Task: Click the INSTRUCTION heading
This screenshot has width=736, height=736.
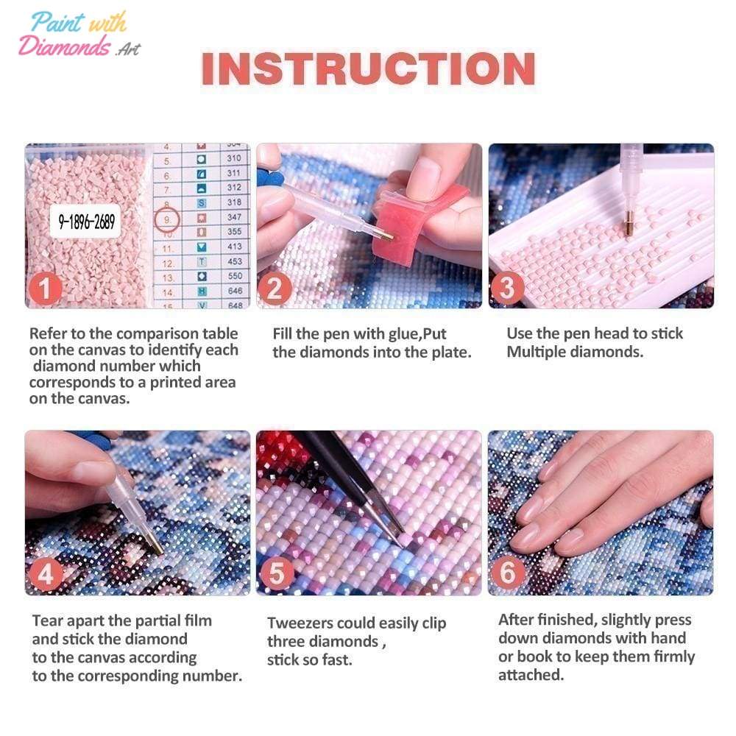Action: point(369,68)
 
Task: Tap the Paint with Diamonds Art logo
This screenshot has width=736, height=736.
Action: point(79,35)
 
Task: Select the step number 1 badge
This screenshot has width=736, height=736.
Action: point(45,288)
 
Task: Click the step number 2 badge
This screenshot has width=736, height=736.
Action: point(275,288)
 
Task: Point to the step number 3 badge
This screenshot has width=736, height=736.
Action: point(507,288)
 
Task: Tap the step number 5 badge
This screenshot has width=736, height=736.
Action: point(277,573)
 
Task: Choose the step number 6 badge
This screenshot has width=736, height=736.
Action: point(507,573)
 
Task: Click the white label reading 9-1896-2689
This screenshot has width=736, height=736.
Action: point(86,221)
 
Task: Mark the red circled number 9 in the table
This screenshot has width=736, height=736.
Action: point(167,219)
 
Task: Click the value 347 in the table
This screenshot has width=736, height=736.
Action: point(234,217)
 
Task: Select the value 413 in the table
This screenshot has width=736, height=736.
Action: point(234,247)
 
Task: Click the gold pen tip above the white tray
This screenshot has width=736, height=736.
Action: point(629,224)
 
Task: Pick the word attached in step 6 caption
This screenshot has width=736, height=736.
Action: point(531,675)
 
